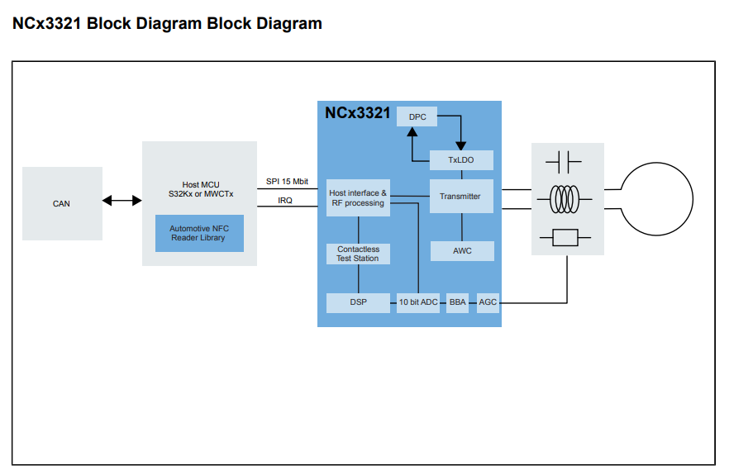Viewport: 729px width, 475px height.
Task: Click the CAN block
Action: (62, 204)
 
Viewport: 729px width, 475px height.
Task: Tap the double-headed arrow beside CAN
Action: (122, 201)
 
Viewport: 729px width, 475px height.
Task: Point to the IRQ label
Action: (285, 201)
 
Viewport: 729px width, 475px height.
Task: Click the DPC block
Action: (417, 117)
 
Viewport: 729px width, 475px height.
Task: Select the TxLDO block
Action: (461, 160)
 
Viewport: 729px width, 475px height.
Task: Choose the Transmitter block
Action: (460, 197)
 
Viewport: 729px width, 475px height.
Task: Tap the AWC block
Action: (462, 251)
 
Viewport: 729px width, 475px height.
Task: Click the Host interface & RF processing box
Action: (358, 198)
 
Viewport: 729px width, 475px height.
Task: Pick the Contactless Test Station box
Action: (358, 254)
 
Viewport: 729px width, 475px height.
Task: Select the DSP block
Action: (358, 302)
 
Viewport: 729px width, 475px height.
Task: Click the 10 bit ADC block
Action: (418, 302)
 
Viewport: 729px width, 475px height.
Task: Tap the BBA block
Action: (458, 302)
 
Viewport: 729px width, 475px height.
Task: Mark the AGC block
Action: (488, 302)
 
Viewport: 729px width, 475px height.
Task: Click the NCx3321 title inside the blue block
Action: (358, 113)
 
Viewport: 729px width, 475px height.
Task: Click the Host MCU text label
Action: (201, 184)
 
